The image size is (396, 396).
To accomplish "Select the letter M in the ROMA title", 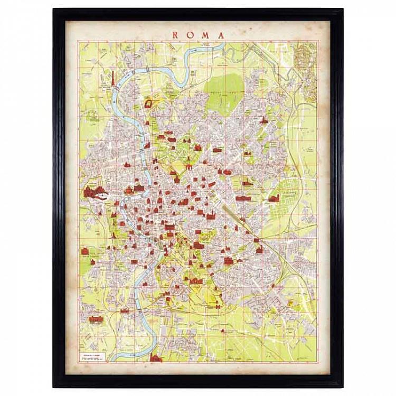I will click(205, 35).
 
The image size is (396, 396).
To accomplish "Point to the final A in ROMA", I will click(221, 35).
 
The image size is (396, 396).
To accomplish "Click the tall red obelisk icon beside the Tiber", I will click(114, 78).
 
